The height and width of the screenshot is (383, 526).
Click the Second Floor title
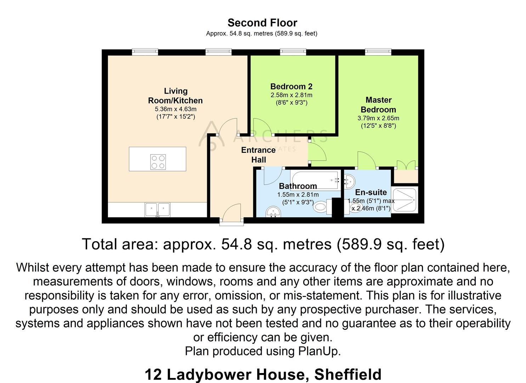click(262, 23)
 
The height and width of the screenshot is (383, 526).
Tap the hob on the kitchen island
click(158, 162)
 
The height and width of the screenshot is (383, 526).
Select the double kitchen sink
click(158, 209)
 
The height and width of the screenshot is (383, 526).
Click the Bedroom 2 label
click(291, 87)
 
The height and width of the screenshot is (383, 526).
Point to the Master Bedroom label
click(378, 105)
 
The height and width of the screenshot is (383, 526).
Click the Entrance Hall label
click(258, 155)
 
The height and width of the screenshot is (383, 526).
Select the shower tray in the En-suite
click(405, 200)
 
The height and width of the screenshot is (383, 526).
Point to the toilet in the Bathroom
click(321, 207)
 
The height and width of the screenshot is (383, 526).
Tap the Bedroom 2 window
click(293, 52)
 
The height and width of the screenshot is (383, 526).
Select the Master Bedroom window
click(378, 52)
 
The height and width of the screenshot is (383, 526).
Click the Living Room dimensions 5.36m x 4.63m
click(175, 109)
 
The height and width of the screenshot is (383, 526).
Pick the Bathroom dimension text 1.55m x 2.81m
click(298, 195)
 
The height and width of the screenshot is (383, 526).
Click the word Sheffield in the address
click(347, 374)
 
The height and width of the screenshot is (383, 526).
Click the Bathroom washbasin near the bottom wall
click(273, 212)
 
